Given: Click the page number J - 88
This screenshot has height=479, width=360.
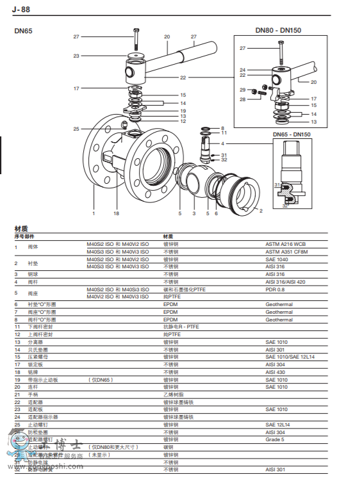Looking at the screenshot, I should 20,9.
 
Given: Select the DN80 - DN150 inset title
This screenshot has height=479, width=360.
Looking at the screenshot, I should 278,30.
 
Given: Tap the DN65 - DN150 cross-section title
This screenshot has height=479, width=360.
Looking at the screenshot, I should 291,134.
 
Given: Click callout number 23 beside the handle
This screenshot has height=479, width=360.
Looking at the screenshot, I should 76,56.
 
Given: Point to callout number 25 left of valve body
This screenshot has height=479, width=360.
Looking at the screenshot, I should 76,129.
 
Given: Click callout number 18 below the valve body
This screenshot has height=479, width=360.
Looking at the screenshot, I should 117,213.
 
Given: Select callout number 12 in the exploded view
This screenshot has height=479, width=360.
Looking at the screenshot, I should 183,121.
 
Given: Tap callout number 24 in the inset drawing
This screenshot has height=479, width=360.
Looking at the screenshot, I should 243,70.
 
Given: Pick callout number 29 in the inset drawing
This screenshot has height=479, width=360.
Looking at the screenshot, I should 243,90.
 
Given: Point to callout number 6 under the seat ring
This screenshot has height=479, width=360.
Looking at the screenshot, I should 217,213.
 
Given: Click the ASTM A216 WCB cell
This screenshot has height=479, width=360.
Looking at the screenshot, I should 286,244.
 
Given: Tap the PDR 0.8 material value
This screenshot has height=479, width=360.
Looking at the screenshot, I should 276,289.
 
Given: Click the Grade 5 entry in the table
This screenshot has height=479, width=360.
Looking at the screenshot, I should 275,439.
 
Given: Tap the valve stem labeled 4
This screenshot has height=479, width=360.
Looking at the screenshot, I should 207,147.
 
